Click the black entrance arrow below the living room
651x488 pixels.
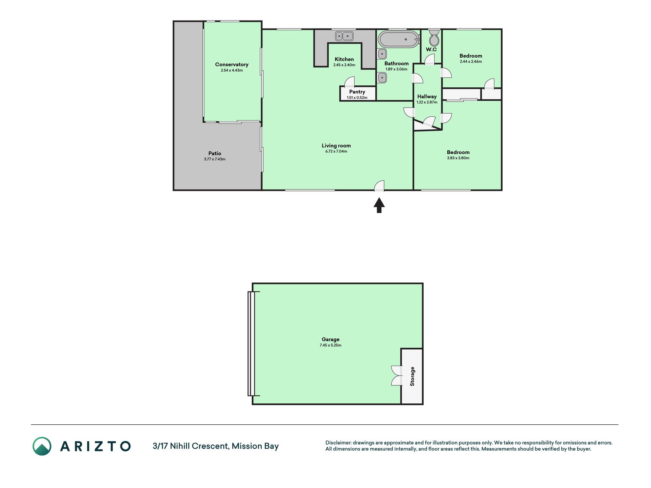[x=379, y=205]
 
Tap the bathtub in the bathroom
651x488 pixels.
[x=399, y=40]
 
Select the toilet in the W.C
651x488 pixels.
[x=434, y=37]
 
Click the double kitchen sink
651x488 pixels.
[x=344, y=36]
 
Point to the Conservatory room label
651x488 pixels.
[x=231, y=64]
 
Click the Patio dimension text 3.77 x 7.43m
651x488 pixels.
[x=215, y=159]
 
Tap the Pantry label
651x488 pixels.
[x=357, y=92]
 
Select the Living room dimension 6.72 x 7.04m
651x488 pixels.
[x=336, y=151]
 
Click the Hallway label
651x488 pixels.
[x=427, y=96]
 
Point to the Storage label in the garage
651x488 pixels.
[x=412, y=376]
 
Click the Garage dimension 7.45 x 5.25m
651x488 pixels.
[x=330, y=345]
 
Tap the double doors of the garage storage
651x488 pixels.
[x=397, y=376]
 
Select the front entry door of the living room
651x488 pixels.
[x=379, y=186]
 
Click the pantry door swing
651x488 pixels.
[x=349, y=82]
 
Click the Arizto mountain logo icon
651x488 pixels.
[x=42, y=446]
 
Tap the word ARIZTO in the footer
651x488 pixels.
[x=95, y=446]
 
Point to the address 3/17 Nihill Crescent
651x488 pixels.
[x=191, y=446]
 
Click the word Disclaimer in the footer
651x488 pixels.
[x=338, y=443]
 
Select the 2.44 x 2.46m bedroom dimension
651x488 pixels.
[x=471, y=62]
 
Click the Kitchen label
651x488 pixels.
[x=344, y=59]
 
